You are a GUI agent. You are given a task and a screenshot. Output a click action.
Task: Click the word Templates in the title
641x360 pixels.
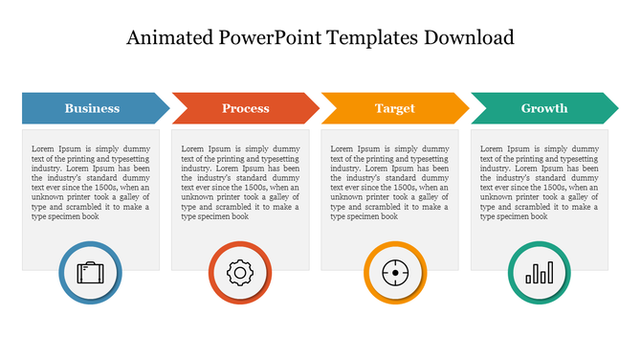(371, 38)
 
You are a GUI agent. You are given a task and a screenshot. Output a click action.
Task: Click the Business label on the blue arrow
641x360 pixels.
(92, 108)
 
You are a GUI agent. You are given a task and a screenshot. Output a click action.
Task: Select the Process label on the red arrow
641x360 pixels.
(246, 108)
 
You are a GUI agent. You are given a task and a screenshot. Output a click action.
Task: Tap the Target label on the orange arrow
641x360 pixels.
(394, 108)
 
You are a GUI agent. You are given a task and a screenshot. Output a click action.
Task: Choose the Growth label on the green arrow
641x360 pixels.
(543, 108)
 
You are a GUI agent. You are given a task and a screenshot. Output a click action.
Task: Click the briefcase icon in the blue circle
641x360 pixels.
(90, 273)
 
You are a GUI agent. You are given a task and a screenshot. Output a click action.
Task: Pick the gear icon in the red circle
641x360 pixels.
(239, 273)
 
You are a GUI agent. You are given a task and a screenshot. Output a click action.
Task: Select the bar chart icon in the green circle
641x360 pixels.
(539, 273)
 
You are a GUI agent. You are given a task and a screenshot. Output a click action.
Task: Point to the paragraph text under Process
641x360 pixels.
(240, 183)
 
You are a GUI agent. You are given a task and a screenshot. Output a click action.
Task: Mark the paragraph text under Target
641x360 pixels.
(389, 183)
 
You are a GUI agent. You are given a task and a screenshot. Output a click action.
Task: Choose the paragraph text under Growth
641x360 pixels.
(539, 183)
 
